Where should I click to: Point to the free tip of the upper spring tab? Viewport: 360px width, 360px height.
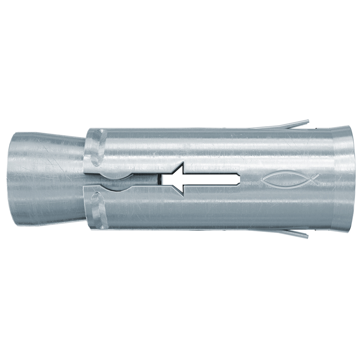[x=308, y=121]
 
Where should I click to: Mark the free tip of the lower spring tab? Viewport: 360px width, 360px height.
[x=307, y=237]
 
